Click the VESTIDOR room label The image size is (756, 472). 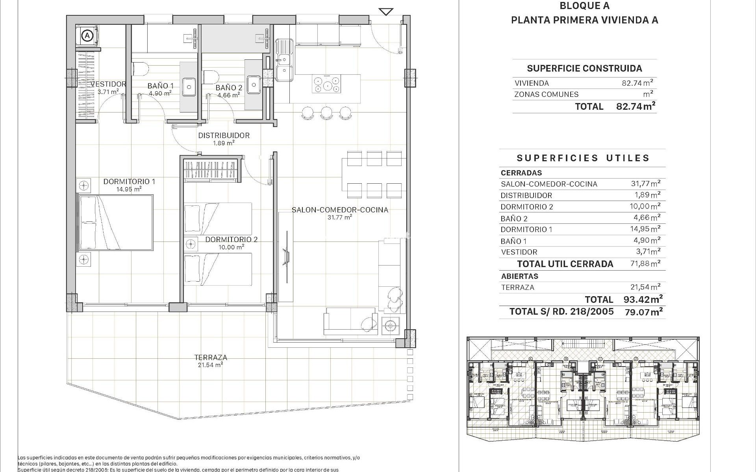tap(108, 84)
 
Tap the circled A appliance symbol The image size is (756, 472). tap(87, 35)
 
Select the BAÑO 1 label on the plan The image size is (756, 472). tap(161, 86)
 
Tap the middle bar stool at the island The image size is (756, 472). tap(326, 112)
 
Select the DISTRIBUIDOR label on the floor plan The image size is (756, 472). tap(224, 135)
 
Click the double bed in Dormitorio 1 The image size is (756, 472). tap(115, 223)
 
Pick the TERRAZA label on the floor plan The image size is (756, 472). tap(211, 358)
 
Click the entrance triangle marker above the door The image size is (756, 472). tap(386, 12)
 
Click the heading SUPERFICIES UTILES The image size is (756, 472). tap(583, 158)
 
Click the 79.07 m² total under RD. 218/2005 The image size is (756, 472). tap(643, 312)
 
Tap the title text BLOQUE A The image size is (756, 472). tap(584, 6)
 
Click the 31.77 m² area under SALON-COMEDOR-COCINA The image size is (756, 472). tap(339, 217)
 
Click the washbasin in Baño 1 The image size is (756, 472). tap(189, 85)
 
